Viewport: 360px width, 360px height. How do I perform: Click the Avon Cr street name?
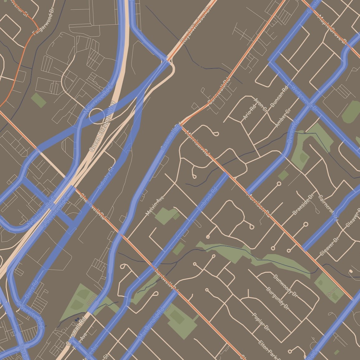tap(261, 105)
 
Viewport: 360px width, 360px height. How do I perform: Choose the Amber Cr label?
tap(283, 118)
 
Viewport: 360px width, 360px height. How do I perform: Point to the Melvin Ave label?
tap(155, 206)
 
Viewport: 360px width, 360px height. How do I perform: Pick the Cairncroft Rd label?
tap(328, 208)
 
